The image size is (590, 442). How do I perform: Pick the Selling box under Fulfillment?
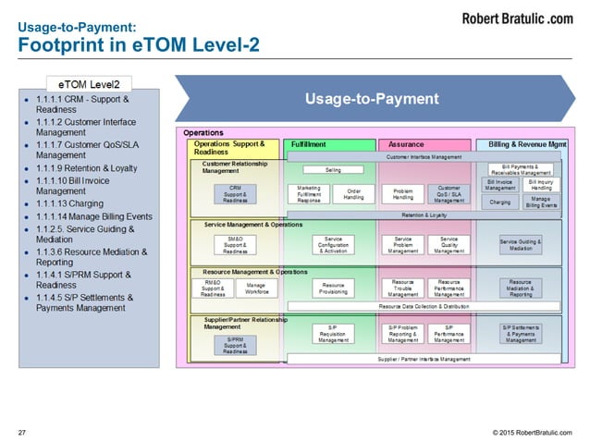tap(333, 171)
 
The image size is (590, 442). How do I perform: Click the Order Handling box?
tap(353, 193)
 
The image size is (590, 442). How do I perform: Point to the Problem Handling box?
tap(403, 193)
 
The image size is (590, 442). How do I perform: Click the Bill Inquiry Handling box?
tap(541, 184)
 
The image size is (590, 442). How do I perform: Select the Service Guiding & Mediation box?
tap(521, 244)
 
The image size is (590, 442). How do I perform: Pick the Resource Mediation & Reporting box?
tap(521, 289)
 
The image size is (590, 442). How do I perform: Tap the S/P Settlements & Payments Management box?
tap(521, 333)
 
